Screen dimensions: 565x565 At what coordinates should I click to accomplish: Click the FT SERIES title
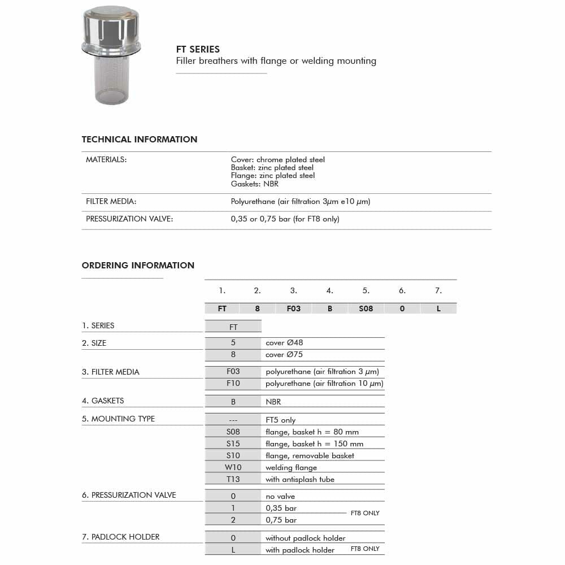[198, 49]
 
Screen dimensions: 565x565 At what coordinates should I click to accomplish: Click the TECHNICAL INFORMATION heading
[140, 140]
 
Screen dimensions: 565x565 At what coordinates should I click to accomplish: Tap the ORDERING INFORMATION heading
[138, 266]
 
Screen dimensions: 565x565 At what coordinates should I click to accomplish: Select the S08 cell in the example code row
[366, 309]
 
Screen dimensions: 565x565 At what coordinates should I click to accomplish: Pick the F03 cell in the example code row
[294, 309]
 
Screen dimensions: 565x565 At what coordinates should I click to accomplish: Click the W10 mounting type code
[233, 467]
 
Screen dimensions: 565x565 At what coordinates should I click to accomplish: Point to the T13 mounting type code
[233, 479]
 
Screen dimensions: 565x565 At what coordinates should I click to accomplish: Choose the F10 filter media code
[233, 383]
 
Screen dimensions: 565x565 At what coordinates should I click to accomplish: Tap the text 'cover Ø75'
[284, 355]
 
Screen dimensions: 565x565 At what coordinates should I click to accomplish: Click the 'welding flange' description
[291, 467]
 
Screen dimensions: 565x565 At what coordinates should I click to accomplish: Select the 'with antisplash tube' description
[300, 479]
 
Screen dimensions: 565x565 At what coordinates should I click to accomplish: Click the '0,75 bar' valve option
[281, 520]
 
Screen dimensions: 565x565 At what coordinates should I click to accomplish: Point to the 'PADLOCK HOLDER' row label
[121, 537]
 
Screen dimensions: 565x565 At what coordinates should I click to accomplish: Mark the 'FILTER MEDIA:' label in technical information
[111, 202]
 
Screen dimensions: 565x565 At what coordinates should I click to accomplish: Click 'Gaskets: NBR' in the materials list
[255, 184]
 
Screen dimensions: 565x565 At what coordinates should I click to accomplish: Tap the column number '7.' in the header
[438, 291]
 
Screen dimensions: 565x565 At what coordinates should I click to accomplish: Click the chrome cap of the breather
[110, 28]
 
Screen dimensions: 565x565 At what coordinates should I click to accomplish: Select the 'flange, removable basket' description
[310, 455]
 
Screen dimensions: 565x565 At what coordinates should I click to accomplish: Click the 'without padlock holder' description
[305, 538]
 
